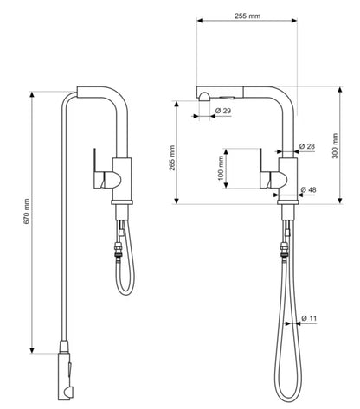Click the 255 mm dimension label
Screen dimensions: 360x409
tap(247, 16)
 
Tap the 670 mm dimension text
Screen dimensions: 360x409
tap(27, 211)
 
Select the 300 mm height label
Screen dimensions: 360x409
tap(335, 145)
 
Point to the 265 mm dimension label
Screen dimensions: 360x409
tap(172, 157)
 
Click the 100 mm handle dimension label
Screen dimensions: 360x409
tap(221, 168)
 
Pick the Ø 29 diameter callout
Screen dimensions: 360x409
tap(223, 111)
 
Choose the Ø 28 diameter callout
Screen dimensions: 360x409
tap(307, 146)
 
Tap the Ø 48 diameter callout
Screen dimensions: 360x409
tap(308, 190)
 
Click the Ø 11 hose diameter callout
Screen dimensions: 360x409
tap(309, 318)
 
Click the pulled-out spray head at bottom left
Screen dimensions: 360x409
tap(65, 370)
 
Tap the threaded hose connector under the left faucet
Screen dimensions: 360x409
tap(118, 249)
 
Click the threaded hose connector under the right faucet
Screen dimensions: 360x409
tap(285, 250)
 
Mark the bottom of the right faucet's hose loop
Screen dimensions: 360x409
tap(288, 400)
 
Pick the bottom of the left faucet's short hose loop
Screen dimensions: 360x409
tap(125, 294)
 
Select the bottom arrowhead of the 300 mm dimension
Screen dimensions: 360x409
tap(340, 201)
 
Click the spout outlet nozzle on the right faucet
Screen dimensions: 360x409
tap(204, 97)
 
